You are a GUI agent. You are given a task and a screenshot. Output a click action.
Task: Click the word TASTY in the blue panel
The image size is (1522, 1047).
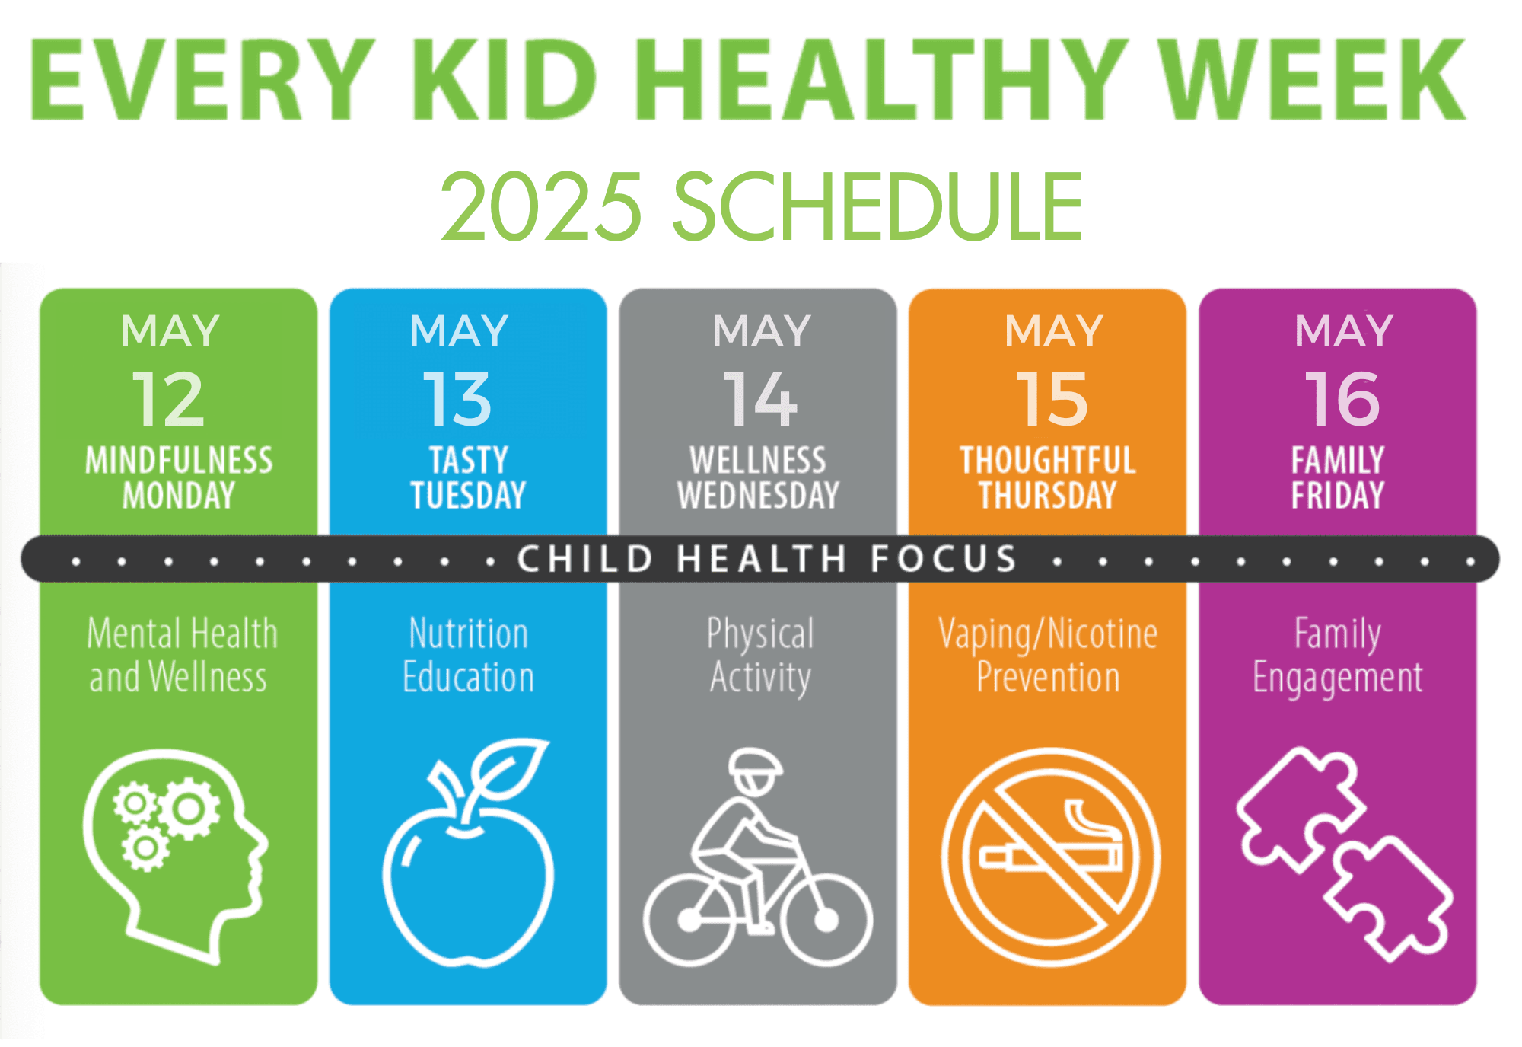[469, 461]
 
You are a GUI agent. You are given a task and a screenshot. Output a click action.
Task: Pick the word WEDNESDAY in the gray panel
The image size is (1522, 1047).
[759, 496]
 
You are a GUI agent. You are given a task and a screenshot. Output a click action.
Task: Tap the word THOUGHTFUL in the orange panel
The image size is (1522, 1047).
[1048, 461]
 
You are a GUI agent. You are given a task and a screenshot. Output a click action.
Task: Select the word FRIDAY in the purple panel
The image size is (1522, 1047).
[1338, 496]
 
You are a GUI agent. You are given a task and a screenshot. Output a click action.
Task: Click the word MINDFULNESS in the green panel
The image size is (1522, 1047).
[179, 461]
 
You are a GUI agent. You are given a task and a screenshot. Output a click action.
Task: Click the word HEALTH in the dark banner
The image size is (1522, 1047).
[762, 559]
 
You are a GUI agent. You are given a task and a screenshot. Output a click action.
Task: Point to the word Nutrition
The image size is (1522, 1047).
[469, 634]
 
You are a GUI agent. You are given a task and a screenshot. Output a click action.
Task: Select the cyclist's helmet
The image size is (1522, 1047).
[755, 764]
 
